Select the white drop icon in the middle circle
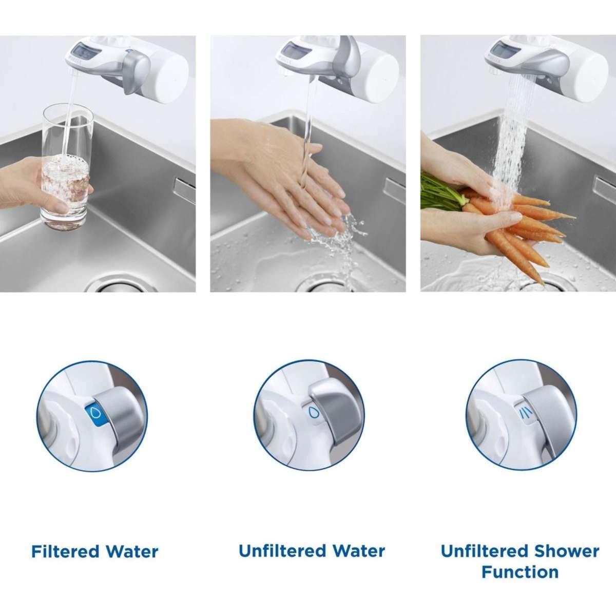(312, 412)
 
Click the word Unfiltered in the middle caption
(280, 551)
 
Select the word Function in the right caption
(520, 572)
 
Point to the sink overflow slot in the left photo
(183, 185)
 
